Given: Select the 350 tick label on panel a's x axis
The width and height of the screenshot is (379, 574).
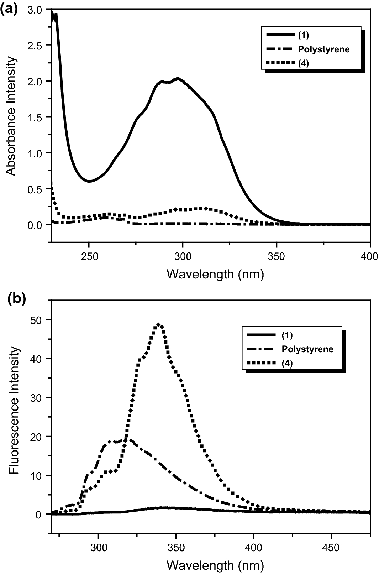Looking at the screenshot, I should pos(277,257).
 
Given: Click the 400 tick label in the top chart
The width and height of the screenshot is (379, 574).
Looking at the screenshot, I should pos(370,257).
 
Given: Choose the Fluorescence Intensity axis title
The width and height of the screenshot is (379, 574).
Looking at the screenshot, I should pos(14,416).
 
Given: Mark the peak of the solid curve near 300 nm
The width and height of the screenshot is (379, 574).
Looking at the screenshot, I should pos(178,78).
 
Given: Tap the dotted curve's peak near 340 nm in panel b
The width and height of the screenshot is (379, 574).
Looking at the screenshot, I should pos(159,324).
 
